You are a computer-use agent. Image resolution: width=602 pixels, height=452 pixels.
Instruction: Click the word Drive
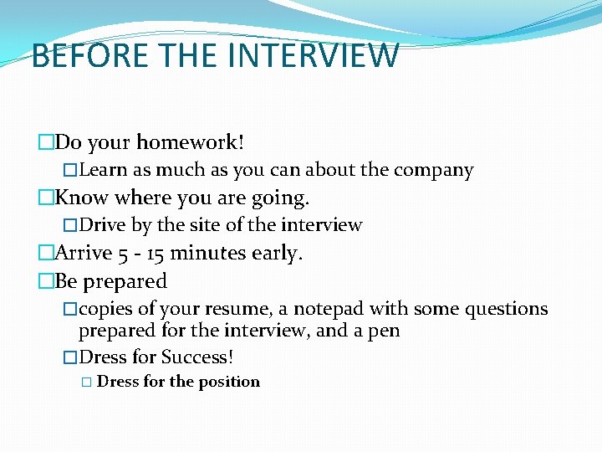point(102,225)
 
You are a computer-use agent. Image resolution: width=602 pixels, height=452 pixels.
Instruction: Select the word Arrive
point(84,254)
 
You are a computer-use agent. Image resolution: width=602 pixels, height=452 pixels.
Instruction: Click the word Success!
point(197,357)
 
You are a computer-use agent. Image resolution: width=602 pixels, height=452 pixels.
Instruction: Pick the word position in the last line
point(229,382)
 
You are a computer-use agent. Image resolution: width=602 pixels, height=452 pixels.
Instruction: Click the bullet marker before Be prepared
point(45,282)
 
